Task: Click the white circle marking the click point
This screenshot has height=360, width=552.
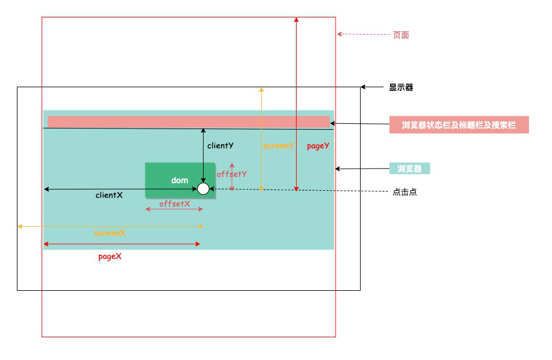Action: click(203, 188)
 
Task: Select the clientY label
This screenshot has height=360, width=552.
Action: click(220, 146)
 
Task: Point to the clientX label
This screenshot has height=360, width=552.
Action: click(109, 195)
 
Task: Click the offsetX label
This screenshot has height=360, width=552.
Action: click(174, 204)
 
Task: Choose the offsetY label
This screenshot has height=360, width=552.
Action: click(232, 174)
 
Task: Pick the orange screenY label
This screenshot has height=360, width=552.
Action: click(279, 146)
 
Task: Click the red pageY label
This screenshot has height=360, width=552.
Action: click(318, 146)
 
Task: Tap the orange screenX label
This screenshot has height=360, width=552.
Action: click(110, 233)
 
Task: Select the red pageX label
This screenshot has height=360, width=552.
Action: click(110, 256)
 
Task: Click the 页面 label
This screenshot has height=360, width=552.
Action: click(401, 35)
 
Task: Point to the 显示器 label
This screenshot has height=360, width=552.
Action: click(401, 88)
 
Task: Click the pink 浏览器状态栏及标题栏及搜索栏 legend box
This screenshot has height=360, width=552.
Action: click(459, 125)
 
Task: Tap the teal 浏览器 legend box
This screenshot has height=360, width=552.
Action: click(409, 169)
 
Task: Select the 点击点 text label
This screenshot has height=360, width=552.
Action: click(405, 192)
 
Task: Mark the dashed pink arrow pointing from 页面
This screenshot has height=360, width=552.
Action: click(364, 34)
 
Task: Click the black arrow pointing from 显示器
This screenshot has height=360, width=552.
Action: click(372, 87)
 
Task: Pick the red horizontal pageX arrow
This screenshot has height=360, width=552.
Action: click(122, 244)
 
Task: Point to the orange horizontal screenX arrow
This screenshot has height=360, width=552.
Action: click(110, 226)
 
